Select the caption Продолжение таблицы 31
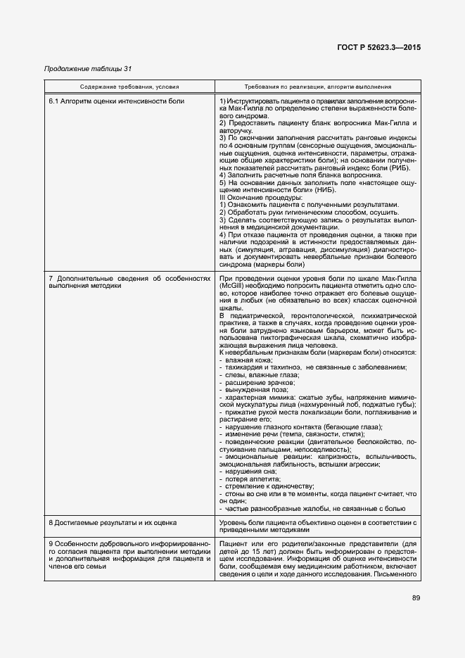(x=88, y=68)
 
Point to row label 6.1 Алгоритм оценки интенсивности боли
(x=117, y=102)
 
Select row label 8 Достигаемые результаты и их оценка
(x=113, y=523)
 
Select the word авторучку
(x=237, y=131)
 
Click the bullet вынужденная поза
(x=253, y=388)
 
